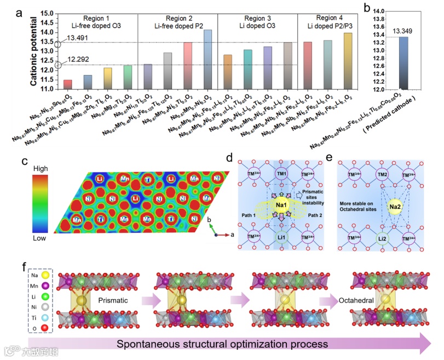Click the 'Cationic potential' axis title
point(34,51)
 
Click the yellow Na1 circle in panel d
point(281,207)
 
